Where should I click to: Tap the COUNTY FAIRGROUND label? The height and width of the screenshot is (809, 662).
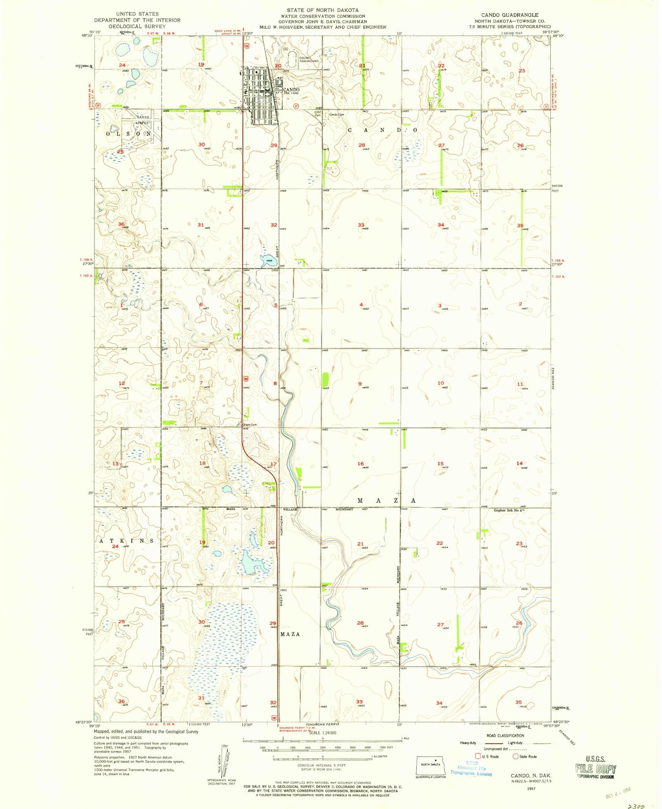(308, 60)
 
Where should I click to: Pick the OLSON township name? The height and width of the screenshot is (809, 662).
(128, 133)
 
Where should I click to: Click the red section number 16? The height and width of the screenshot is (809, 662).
(361, 464)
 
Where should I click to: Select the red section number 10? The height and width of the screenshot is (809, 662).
(440, 383)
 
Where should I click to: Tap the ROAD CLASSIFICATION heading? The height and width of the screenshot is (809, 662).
(505, 736)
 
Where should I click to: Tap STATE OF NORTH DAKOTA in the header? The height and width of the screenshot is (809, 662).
(323, 10)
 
